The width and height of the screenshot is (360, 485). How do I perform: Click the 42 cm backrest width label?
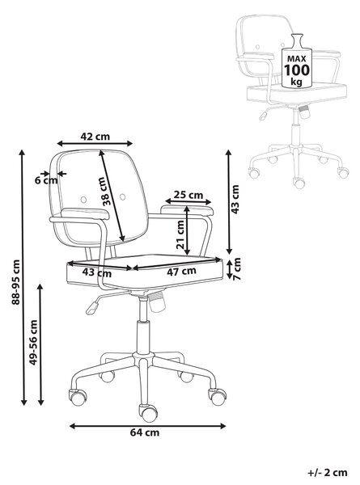[x=95, y=137]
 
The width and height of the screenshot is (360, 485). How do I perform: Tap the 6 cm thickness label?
[x=46, y=180]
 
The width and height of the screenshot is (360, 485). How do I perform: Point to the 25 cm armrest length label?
[x=188, y=195]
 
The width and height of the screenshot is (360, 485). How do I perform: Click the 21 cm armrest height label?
[x=180, y=234]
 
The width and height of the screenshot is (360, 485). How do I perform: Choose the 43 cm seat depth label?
[x=97, y=273]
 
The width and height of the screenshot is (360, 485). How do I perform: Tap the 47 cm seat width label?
[x=181, y=272]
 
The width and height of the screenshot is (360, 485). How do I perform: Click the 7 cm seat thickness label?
[x=237, y=269]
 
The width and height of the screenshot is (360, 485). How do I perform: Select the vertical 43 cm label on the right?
[x=235, y=199]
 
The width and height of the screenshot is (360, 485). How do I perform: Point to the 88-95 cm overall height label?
[x=16, y=282]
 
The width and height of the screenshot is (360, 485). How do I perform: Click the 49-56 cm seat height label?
[x=33, y=343]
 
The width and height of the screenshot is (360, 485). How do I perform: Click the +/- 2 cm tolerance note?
[x=328, y=473]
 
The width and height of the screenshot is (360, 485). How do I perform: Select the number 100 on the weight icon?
[x=297, y=70]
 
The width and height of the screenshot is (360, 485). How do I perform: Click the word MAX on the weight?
[x=297, y=58]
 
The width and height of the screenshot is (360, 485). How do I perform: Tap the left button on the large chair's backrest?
[x=83, y=200]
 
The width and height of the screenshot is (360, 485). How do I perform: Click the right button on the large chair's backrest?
[x=123, y=196]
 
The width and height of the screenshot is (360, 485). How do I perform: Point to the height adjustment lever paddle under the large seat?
[x=92, y=308]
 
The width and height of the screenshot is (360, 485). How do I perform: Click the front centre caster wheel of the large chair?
[x=148, y=412]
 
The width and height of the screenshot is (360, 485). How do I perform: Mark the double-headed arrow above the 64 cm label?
[x=148, y=426]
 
